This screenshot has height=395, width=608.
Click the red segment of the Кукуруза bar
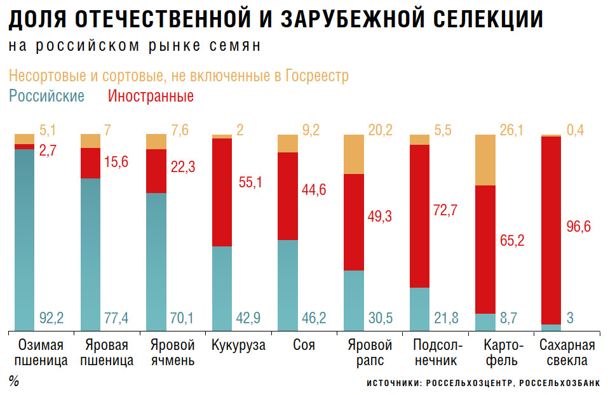coord(222,192)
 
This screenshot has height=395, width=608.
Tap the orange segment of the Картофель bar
coord(485,159)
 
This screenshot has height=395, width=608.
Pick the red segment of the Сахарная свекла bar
coord(551,230)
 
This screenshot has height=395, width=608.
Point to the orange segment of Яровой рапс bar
coord(353,154)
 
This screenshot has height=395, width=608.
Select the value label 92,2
coord(51,317)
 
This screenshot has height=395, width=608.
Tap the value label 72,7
coord(445,210)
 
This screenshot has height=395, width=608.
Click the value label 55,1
coord(249,182)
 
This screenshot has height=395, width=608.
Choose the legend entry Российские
coord(46,97)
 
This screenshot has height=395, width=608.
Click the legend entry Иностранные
coord(151,97)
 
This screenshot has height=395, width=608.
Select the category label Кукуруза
coord(238,346)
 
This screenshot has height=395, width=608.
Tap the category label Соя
coord(304,346)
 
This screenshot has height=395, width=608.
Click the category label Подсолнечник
coord(435,354)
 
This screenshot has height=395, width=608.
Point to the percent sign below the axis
coord(13,382)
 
